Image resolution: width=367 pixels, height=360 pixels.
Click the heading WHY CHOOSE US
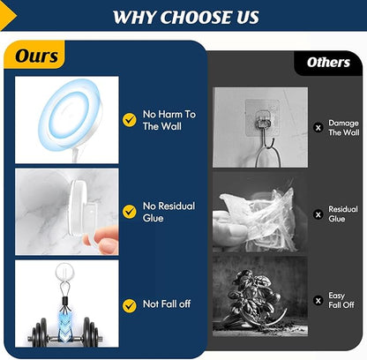(x=186, y=17)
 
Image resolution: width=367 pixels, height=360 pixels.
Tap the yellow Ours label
(x=34, y=55)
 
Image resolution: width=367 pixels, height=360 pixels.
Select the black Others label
(x=328, y=63)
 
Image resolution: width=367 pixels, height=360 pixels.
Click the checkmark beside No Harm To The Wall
(x=130, y=120)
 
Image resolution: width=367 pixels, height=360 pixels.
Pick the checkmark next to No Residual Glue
(x=130, y=212)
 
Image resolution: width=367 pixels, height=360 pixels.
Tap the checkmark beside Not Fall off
(x=130, y=306)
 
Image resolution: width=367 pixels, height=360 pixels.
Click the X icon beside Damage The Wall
(x=318, y=128)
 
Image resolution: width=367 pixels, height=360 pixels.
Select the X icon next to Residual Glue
(x=318, y=214)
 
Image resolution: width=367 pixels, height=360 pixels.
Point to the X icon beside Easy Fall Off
(x=318, y=301)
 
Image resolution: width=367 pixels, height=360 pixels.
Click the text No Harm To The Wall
(x=169, y=120)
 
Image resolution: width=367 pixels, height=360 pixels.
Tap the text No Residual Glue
(x=169, y=212)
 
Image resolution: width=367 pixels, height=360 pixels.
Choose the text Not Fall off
(x=167, y=304)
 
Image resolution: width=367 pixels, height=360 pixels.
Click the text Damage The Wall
(x=344, y=128)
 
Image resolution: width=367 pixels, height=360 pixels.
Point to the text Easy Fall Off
(x=341, y=300)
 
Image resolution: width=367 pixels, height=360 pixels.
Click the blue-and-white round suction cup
(x=70, y=116)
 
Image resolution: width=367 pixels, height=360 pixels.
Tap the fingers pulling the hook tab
(x=101, y=239)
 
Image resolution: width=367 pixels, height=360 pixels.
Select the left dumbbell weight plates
(x=40, y=333)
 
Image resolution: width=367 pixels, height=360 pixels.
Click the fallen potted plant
(x=253, y=297)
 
